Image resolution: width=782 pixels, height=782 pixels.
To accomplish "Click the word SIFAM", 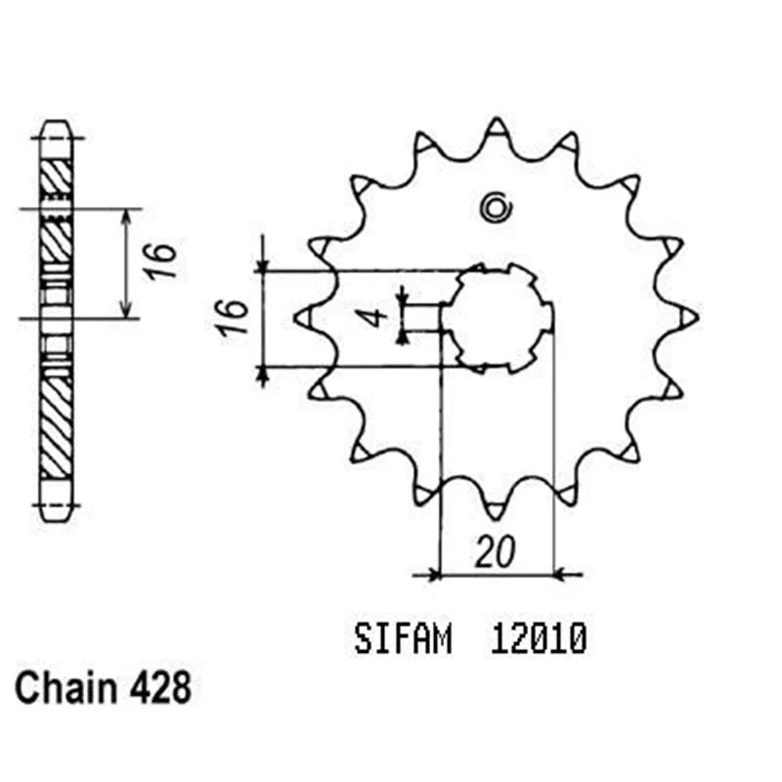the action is point(403,639).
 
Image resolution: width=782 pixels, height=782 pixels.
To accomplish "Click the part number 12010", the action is point(539,639).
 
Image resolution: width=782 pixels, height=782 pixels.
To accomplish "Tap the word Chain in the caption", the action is point(65,688).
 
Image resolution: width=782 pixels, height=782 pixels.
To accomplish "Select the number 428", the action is point(160,688).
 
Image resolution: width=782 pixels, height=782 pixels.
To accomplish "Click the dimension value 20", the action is point(496,552).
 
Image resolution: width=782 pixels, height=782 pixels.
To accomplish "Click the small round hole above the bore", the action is point(496,207).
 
